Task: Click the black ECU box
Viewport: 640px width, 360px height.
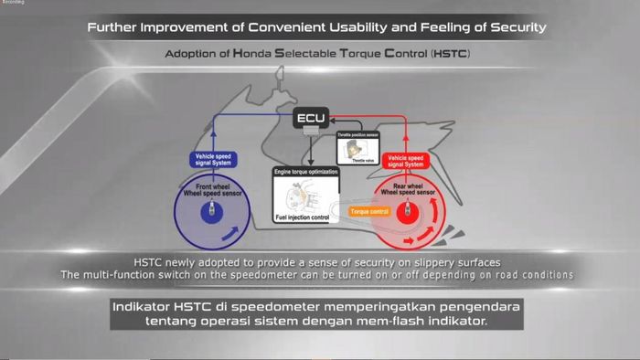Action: click(309, 119)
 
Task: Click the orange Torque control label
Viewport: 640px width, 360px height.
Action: click(369, 211)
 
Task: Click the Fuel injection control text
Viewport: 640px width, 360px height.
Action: click(301, 218)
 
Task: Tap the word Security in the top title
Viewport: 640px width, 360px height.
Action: click(513, 26)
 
